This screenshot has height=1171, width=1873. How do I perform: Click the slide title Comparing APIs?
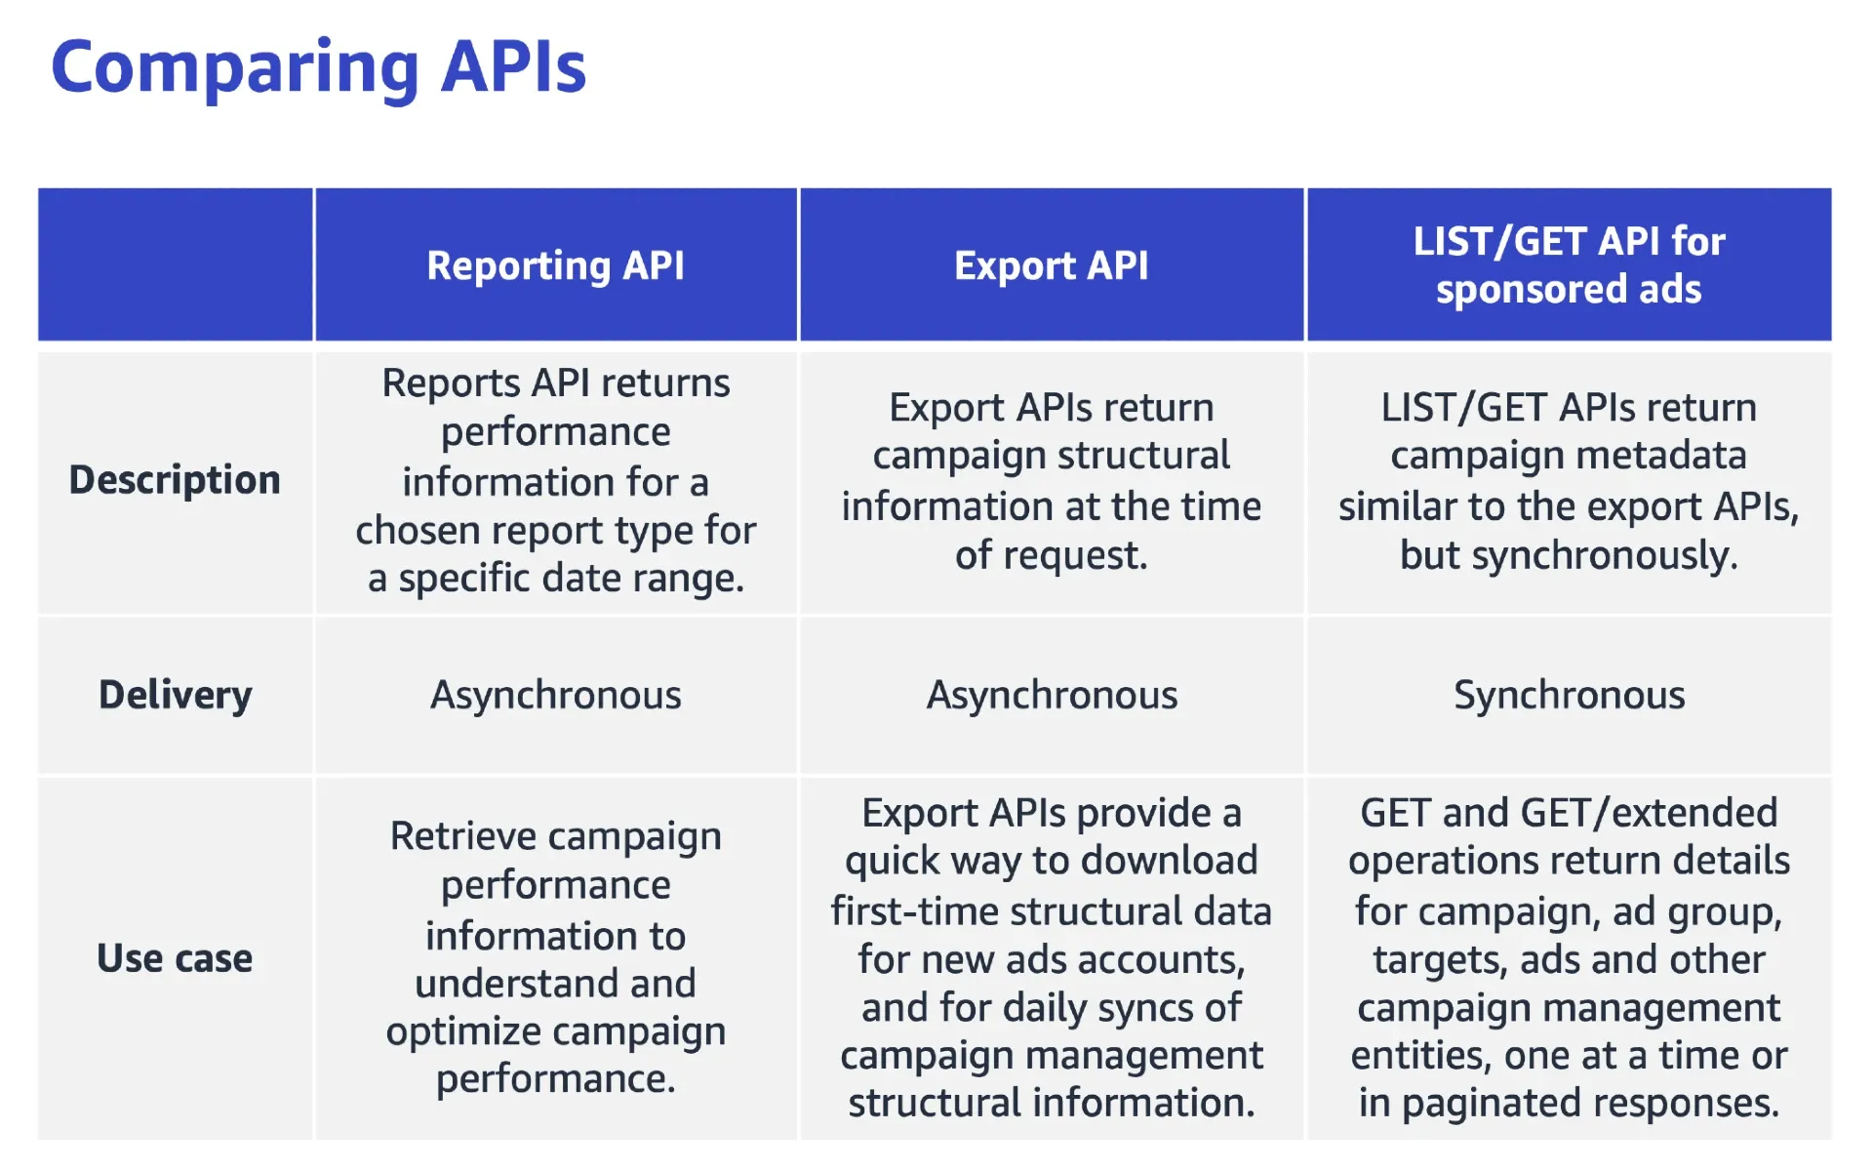tap(318, 68)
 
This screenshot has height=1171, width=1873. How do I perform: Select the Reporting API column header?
tap(555, 265)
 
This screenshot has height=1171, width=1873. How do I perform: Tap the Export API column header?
tap(1051, 265)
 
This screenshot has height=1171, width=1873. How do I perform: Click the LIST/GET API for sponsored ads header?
tap(1569, 265)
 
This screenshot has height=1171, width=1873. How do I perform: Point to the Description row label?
tap(175, 480)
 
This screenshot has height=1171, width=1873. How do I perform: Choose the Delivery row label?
tap(175, 695)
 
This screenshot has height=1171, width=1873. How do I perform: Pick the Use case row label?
tap(175, 958)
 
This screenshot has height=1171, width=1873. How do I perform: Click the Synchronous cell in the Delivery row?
tap(1569, 695)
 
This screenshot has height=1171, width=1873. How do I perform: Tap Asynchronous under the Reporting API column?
tap(555, 695)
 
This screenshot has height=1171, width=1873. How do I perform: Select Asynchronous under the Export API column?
tap(1051, 695)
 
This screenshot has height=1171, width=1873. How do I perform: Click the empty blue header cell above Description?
tap(175, 265)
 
